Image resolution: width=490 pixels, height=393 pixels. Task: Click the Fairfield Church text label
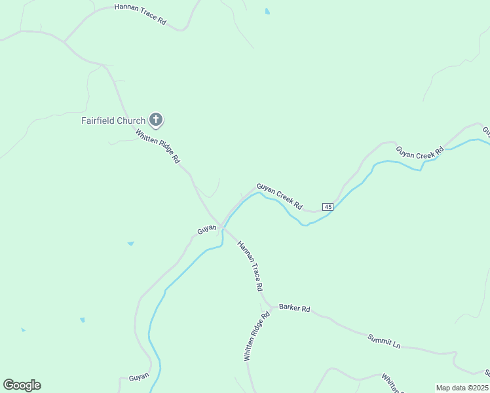pyautogui.click(x=113, y=121)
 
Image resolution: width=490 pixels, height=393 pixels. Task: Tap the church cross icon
pyautogui.click(x=156, y=119)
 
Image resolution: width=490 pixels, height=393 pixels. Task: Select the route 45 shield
pyautogui.click(x=328, y=207)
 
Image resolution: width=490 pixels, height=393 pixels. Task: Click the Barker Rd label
pyautogui.click(x=294, y=307)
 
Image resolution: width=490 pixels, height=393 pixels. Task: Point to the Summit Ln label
pyautogui.click(x=383, y=341)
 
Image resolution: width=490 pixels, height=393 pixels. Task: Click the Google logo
pyautogui.click(x=22, y=385)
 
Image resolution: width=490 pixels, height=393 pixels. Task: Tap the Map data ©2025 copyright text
pyautogui.click(x=462, y=388)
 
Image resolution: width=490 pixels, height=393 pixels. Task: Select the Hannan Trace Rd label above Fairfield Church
pyautogui.click(x=140, y=14)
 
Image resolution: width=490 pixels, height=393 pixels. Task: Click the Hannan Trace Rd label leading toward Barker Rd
pyautogui.click(x=250, y=266)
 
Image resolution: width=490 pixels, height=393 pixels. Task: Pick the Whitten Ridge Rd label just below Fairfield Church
pyautogui.click(x=157, y=145)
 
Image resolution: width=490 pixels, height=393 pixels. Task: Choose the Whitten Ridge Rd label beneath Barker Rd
pyautogui.click(x=256, y=337)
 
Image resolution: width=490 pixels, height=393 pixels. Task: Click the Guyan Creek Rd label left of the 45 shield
pyautogui.click(x=279, y=196)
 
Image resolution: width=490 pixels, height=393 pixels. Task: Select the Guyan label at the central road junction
pyautogui.click(x=207, y=230)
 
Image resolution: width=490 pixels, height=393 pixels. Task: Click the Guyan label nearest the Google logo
pyautogui.click(x=139, y=377)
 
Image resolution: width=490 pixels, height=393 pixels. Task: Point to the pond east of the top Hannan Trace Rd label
pyautogui.click(x=267, y=11)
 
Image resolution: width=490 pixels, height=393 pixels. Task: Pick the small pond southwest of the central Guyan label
pyautogui.click(x=131, y=244)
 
